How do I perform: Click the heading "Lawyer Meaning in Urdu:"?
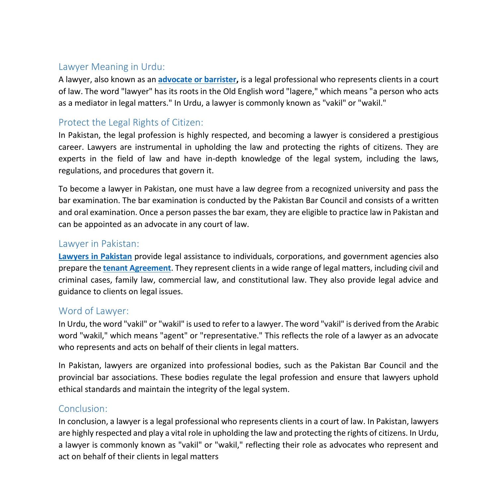111,67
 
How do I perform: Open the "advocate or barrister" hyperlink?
197,80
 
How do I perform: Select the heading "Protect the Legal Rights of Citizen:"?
131,122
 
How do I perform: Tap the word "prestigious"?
418,135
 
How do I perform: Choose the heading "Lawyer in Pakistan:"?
99,244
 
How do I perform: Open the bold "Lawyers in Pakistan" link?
95,256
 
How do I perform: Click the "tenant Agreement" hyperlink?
137,268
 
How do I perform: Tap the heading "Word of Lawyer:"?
93,311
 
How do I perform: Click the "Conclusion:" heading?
83,408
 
